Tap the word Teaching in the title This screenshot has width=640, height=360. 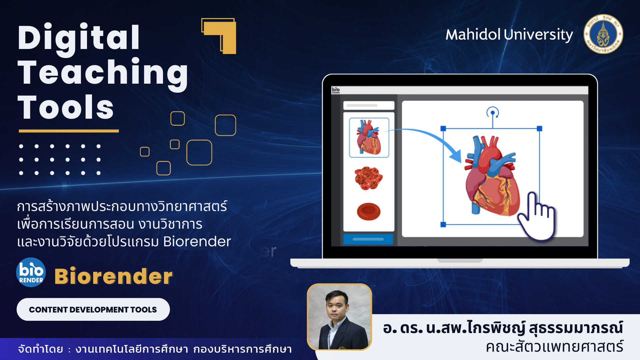(x=103, y=74)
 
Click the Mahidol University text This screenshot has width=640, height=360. (x=509, y=35)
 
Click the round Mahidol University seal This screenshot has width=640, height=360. (x=603, y=34)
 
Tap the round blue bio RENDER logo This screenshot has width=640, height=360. (x=31, y=272)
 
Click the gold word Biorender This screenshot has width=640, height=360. (x=113, y=276)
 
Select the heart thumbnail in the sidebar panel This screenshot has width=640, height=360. (x=369, y=137)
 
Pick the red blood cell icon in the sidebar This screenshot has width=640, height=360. (x=369, y=211)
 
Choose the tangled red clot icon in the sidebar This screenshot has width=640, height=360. (x=368, y=178)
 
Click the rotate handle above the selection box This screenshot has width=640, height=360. (x=493, y=112)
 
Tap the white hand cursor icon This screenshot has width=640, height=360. (x=537, y=217)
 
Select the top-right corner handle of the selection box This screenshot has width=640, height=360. (x=540, y=129)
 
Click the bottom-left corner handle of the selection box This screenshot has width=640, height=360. (x=443, y=225)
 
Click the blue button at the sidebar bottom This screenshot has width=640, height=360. (x=368, y=239)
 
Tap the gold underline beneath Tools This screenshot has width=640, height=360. (x=69, y=131)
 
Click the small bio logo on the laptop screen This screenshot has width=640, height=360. (x=336, y=90)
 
